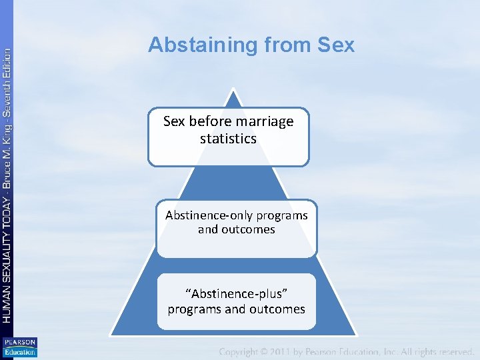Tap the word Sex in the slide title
(x=336, y=45)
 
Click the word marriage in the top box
(x=267, y=121)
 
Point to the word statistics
(x=228, y=139)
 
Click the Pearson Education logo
(x=19, y=347)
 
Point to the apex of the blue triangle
(x=233, y=89)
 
